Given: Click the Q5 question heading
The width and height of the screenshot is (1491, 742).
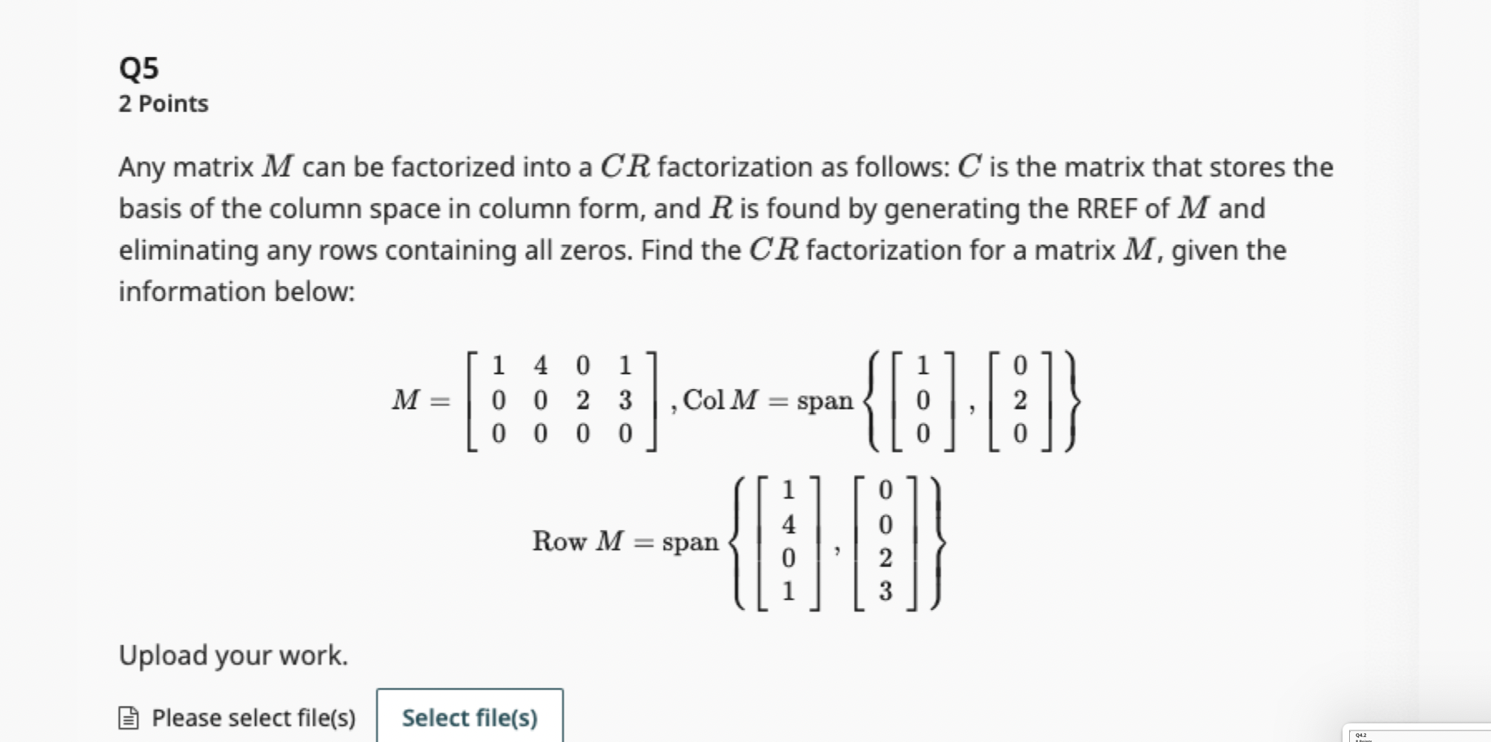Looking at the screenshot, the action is click(139, 68).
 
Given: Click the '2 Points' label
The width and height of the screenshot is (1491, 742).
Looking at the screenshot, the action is click(163, 104).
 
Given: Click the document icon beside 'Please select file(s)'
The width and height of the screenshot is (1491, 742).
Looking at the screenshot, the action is click(129, 718).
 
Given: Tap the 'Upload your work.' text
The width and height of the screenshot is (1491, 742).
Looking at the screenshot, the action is click(233, 655).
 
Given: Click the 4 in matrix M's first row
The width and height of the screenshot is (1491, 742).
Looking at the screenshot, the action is click(540, 365).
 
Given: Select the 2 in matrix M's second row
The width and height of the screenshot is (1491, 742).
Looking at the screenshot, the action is click(582, 400).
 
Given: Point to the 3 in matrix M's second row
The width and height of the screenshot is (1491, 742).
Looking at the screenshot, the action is click(625, 400).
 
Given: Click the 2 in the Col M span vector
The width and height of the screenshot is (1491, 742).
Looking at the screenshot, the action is click(1020, 400).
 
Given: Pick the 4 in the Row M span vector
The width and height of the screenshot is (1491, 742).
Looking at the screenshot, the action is click(788, 523).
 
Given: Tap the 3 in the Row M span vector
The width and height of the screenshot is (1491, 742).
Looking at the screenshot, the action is click(885, 591).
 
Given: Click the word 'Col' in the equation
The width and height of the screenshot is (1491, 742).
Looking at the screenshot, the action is click(703, 400).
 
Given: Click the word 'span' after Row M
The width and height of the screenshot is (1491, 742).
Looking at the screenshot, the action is click(690, 542).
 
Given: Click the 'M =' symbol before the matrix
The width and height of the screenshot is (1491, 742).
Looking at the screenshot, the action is click(420, 400).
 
